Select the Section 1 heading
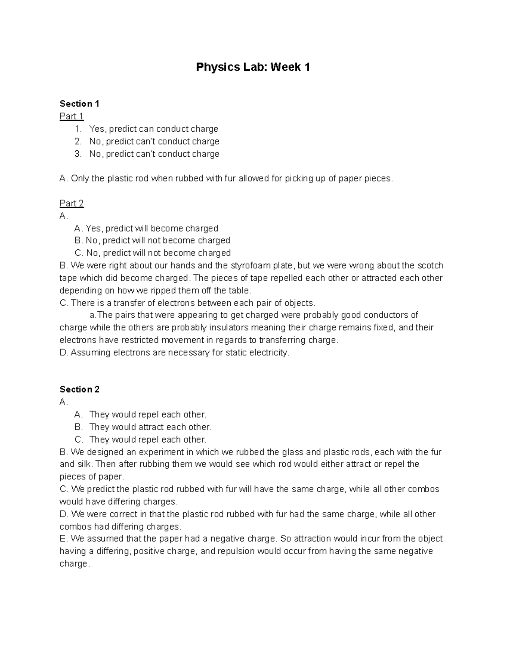pos(79,104)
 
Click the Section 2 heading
pos(79,389)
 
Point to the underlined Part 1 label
pos(71,116)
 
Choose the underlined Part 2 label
pos(71,203)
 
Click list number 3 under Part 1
pos(78,154)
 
